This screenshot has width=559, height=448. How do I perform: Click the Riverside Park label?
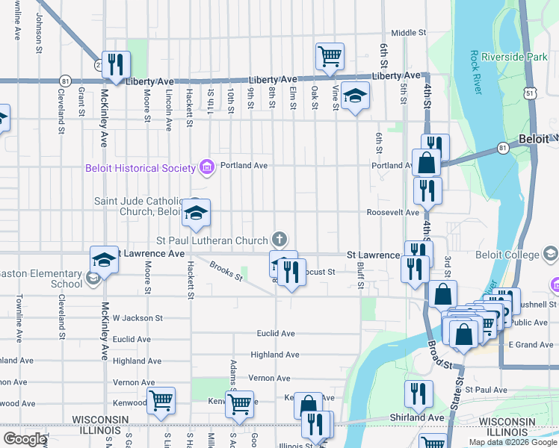[514, 57]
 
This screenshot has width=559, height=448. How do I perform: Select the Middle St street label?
[408, 33]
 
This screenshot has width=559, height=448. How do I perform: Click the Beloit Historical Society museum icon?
[207, 167]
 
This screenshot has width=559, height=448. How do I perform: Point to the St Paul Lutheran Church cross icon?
[279, 240]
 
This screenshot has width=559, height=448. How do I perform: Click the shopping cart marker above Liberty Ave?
[330, 55]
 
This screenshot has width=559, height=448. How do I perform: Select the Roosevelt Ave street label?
[392, 212]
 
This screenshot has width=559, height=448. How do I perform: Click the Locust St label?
[317, 273]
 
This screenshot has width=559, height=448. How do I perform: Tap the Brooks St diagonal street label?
[226, 271]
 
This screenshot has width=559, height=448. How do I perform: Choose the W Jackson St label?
[138, 318]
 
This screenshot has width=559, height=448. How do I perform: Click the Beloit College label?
[507, 255]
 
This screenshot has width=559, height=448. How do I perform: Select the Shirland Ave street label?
[417, 417]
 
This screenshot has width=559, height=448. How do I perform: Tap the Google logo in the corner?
[25, 439]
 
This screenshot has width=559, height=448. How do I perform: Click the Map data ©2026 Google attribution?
[513, 441]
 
